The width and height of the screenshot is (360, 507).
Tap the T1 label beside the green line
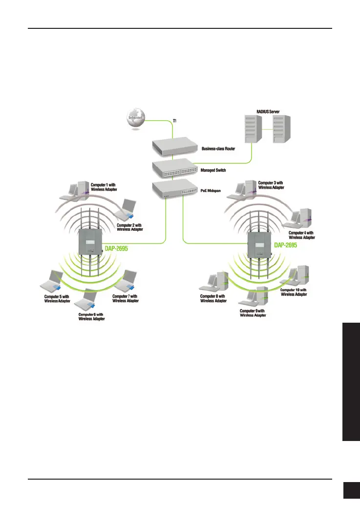175,120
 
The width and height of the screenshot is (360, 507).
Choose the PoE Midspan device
174,190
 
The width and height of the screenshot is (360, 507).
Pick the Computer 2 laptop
125,209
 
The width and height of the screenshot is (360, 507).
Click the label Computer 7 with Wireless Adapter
125,298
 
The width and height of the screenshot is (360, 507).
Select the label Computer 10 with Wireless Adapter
294,292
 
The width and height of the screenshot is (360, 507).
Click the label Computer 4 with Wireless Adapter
302,235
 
